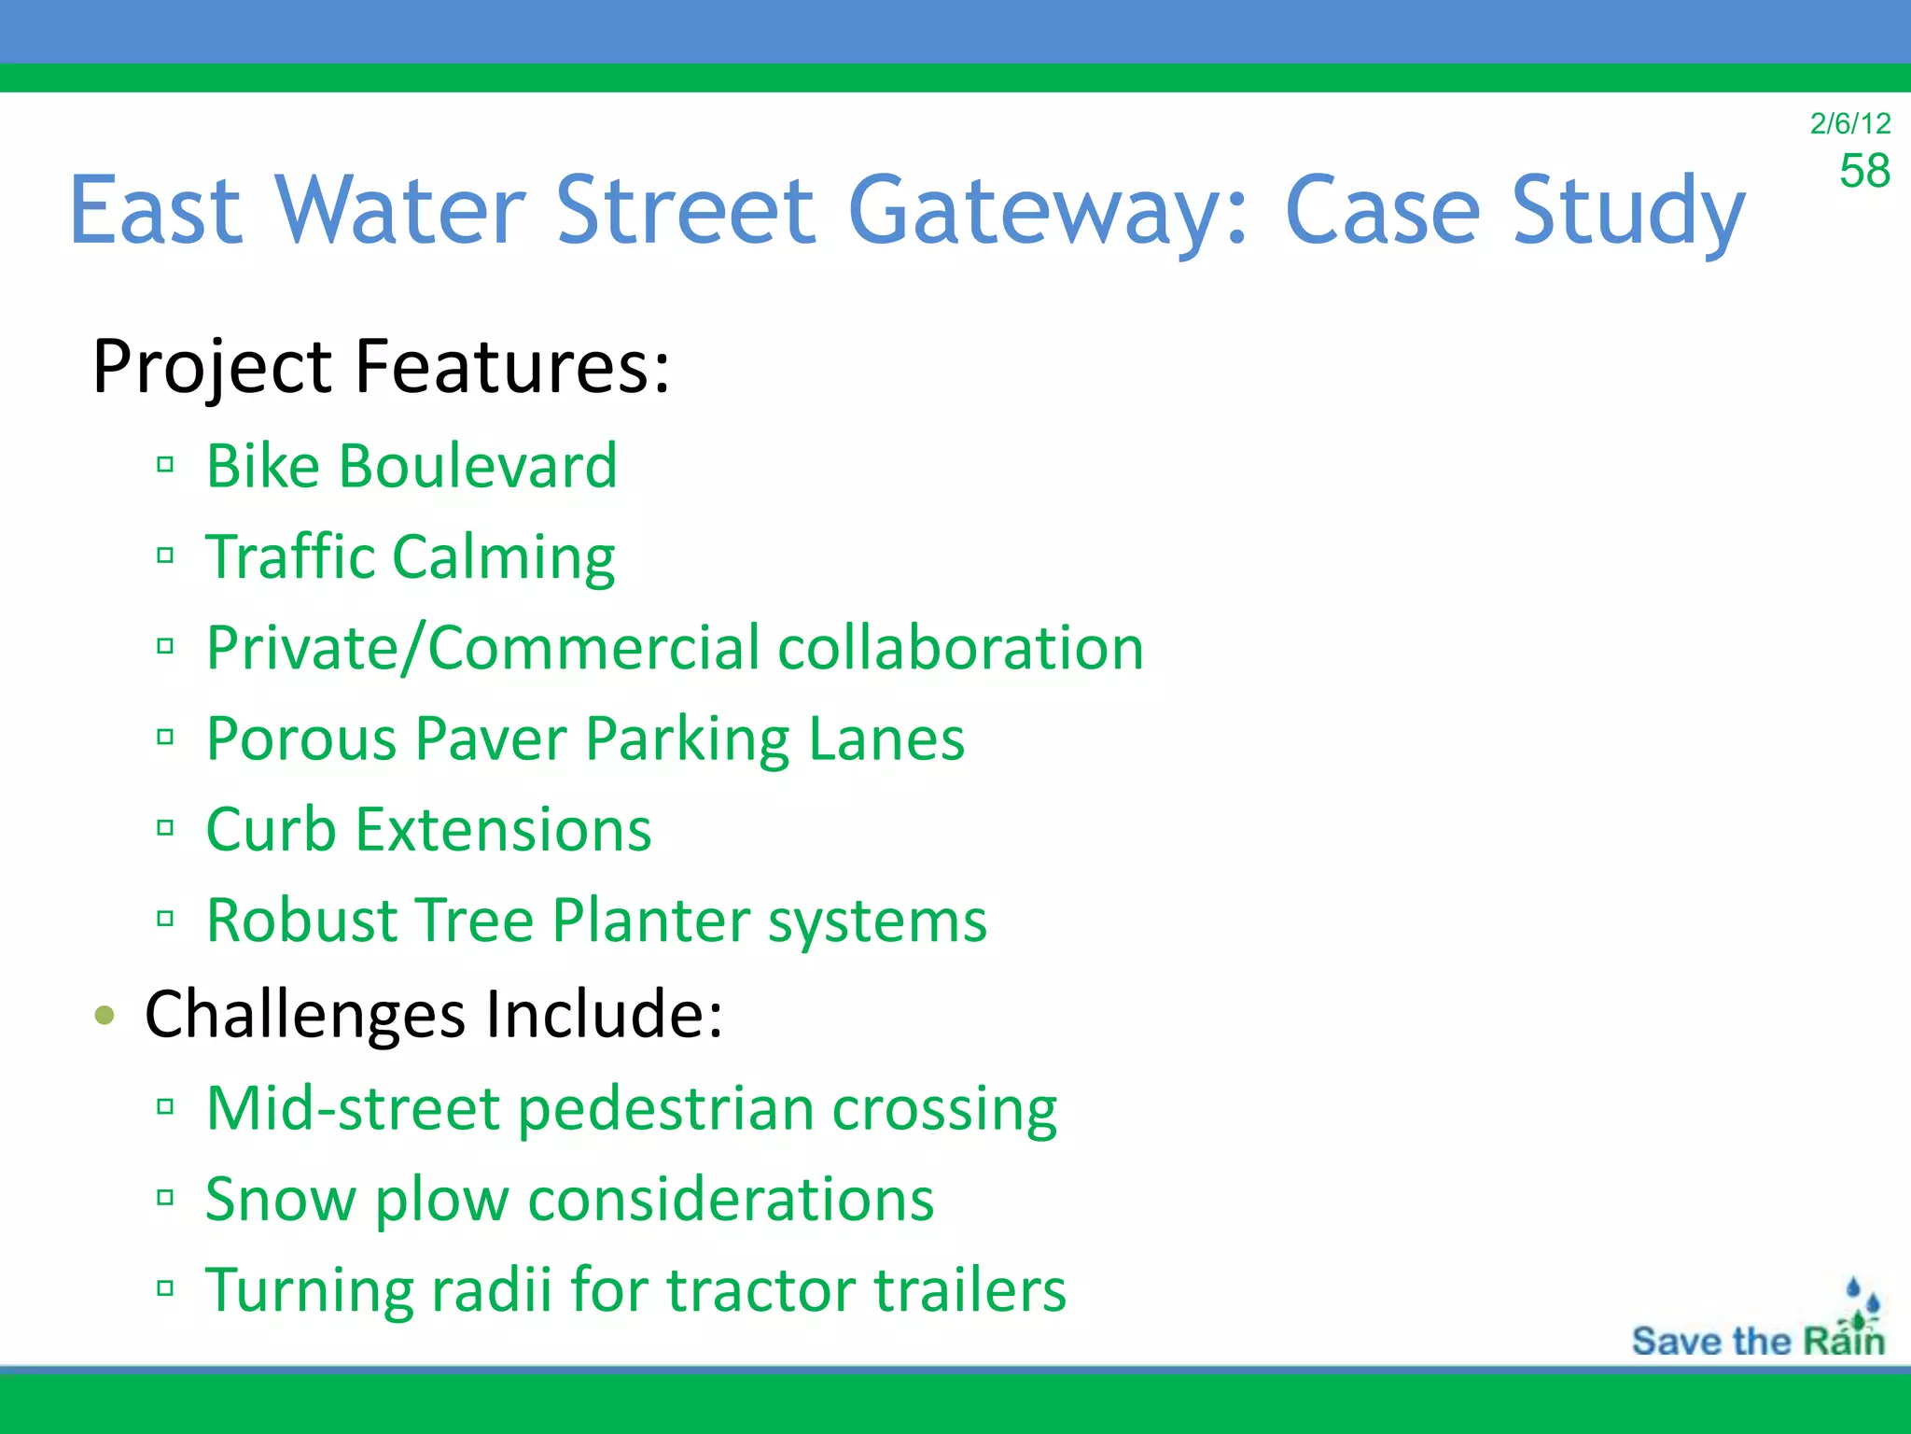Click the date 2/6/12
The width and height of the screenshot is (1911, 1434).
[x=1849, y=123]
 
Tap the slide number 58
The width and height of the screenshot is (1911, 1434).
[x=1863, y=171]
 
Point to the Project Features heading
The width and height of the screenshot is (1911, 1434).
[x=381, y=366]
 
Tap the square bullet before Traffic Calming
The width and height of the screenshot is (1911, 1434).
[x=166, y=555]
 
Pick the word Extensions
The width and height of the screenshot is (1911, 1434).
[x=504, y=829]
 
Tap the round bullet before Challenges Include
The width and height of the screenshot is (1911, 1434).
[x=105, y=1015]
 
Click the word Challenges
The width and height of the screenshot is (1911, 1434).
[x=304, y=1015]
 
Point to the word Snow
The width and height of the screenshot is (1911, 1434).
[x=280, y=1199]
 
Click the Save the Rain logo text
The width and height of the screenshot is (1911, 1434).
[x=1757, y=1341]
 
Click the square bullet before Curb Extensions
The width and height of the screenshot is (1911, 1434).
[x=166, y=828]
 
